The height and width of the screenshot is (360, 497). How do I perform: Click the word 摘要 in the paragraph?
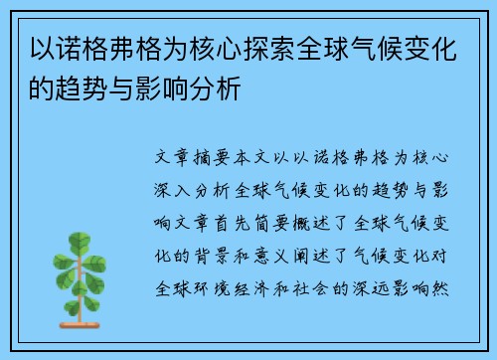coord(223,158)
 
